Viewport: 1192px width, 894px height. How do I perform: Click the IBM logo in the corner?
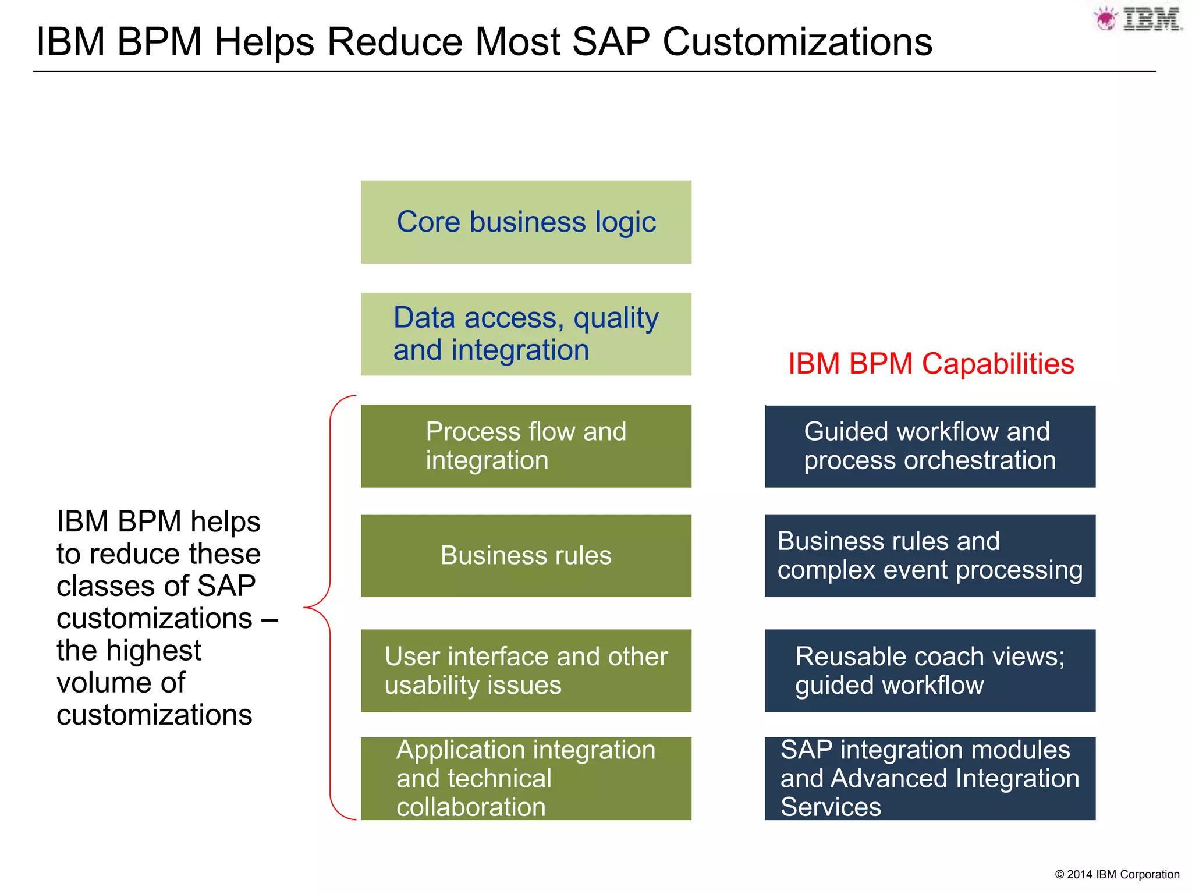1138,19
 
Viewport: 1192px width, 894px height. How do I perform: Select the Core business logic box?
526,222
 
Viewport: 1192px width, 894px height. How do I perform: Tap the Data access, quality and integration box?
526,334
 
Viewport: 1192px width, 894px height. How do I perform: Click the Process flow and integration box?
526,446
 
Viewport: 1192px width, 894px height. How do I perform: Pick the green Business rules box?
526,555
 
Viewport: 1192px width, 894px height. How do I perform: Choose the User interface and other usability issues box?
526,670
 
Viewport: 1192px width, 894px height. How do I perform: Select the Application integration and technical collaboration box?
526,778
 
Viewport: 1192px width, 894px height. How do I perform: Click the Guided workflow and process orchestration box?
930,446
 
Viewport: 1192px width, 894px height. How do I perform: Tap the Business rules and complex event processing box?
930,555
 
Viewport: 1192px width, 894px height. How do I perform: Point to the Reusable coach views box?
930,670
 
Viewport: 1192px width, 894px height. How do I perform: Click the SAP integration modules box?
930,778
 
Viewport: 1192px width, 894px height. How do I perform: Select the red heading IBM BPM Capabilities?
930,364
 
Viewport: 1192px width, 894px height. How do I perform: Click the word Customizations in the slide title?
797,42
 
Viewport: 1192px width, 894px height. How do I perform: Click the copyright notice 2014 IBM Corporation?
1116,874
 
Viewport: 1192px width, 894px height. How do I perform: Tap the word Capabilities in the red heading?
998,364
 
